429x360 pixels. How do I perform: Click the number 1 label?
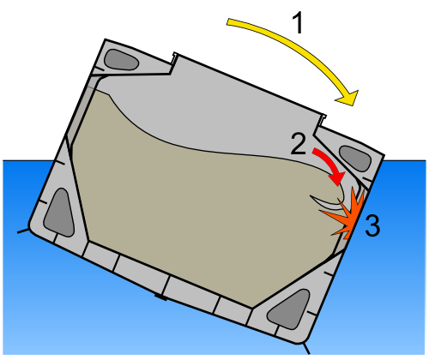(298, 24)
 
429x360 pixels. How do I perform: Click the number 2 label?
(299, 144)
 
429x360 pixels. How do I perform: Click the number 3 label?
(372, 225)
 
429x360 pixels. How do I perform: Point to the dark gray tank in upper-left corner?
(121, 60)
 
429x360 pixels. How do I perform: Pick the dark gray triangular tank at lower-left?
(59, 213)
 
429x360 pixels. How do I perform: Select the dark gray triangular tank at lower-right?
(290, 309)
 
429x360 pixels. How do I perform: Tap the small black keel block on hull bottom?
(160, 297)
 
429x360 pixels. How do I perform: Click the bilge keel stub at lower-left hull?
(23, 231)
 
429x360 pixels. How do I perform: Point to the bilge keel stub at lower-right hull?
(306, 348)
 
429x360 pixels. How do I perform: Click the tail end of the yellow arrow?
(227, 22)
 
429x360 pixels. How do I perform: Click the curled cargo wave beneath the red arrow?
(329, 200)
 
